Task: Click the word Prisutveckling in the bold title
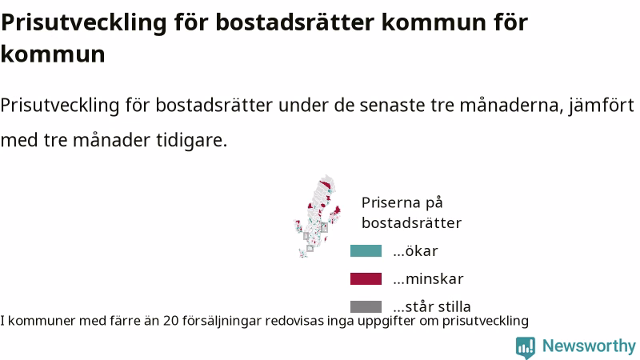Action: (x=84, y=22)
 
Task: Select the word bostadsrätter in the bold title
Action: (x=294, y=22)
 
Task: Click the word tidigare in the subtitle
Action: (x=191, y=141)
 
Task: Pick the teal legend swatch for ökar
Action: (x=366, y=250)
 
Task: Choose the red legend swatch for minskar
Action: (x=366, y=278)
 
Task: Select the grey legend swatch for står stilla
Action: (x=366, y=306)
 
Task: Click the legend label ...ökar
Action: (x=415, y=251)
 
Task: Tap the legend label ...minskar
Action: (x=428, y=278)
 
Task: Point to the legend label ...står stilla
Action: (x=432, y=306)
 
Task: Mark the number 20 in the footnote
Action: (x=171, y=321)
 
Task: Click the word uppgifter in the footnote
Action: (x=386, y=322)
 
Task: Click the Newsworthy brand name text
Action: (x=589, y=346)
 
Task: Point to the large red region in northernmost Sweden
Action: (x=326, y=186)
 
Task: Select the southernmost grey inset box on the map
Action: (x=310, y=248)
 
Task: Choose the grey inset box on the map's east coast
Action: (x=324, y=227)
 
